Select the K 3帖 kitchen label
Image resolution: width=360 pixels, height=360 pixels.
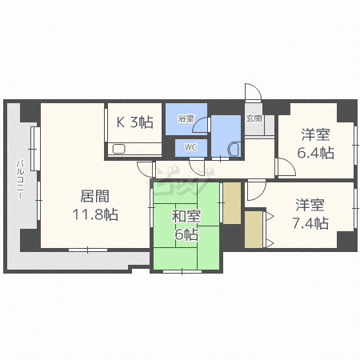[x=135, y=122]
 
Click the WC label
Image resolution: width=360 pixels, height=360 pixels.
[x=190, y=147]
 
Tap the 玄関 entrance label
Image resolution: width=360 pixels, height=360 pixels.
[x=253, y=118]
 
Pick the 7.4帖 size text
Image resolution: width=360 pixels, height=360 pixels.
[x=311, y=223]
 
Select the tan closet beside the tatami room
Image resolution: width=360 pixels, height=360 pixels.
[x=231, y=202]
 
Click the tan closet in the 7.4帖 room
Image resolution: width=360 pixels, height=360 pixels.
[x=254, y=229]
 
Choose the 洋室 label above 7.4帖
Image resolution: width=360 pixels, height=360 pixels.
[x=311, y=204]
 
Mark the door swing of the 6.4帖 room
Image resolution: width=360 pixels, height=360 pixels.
[x=282, y=167]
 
